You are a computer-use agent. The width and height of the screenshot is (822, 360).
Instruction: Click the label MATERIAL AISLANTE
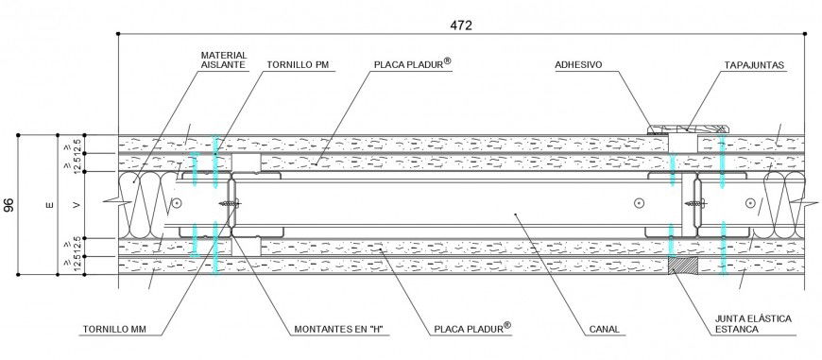(223, 60)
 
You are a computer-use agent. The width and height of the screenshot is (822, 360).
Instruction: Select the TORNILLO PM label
(297, 66)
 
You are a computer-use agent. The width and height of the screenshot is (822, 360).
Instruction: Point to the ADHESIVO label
(579, 66)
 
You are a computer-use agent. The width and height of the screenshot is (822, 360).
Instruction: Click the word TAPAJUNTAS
(755, 66)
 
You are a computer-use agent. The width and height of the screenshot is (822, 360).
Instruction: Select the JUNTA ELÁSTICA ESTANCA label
(755, 326)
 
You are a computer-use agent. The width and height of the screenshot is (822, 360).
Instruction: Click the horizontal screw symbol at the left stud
(227, 203)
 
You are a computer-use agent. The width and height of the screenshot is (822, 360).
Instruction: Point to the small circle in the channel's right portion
(640, 201)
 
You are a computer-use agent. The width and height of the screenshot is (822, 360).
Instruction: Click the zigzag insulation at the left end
(142, 203)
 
